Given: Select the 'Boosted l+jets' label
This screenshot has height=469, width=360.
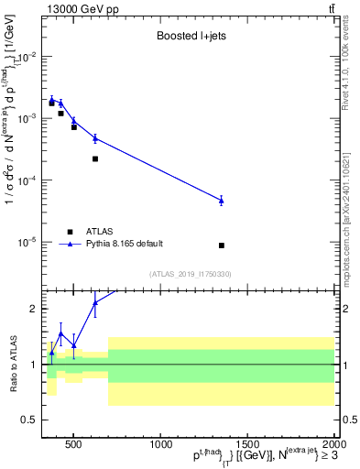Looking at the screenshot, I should click(x=190, y=37).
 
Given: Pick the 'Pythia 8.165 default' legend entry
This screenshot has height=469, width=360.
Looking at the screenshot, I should click(x=125, y=244).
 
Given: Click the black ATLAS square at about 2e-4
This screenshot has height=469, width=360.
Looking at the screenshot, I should click(x=95, y=158).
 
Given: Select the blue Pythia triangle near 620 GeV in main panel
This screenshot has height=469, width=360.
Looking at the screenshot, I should click(x=95, y=138).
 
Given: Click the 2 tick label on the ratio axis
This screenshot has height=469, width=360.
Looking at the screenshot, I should click(x=33, y=309).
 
